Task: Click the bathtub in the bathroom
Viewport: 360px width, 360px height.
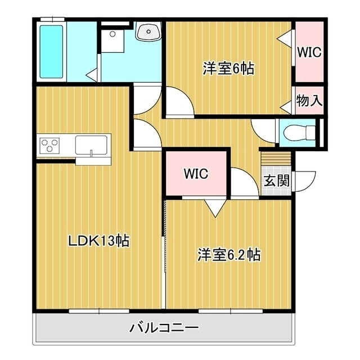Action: click(51, 52)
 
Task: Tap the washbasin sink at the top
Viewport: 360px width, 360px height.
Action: click(148, 31)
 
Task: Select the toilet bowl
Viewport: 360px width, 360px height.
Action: click(299, 133)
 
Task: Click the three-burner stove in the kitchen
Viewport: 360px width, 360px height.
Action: click(49, 146)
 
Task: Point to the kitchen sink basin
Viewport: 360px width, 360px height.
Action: click(91, 145)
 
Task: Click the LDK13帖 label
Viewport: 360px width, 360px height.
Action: click(99, 241)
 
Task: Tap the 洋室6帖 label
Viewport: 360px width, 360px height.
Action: click(228, 69)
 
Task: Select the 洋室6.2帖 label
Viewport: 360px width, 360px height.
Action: click(229, 255)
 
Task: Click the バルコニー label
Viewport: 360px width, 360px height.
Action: click(164, 327)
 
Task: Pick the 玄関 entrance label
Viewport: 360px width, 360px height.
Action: click(276, 181)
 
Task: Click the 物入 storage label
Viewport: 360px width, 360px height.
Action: click(309, 101)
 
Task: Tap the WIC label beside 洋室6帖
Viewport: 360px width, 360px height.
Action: click(309, 52)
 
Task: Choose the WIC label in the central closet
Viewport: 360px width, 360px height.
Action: click(196, 174)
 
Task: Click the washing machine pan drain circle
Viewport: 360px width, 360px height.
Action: click(112, 34)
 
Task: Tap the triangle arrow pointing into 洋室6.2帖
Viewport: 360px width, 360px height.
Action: click(215, 208)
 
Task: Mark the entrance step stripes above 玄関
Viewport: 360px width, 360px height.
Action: click(276, 159)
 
